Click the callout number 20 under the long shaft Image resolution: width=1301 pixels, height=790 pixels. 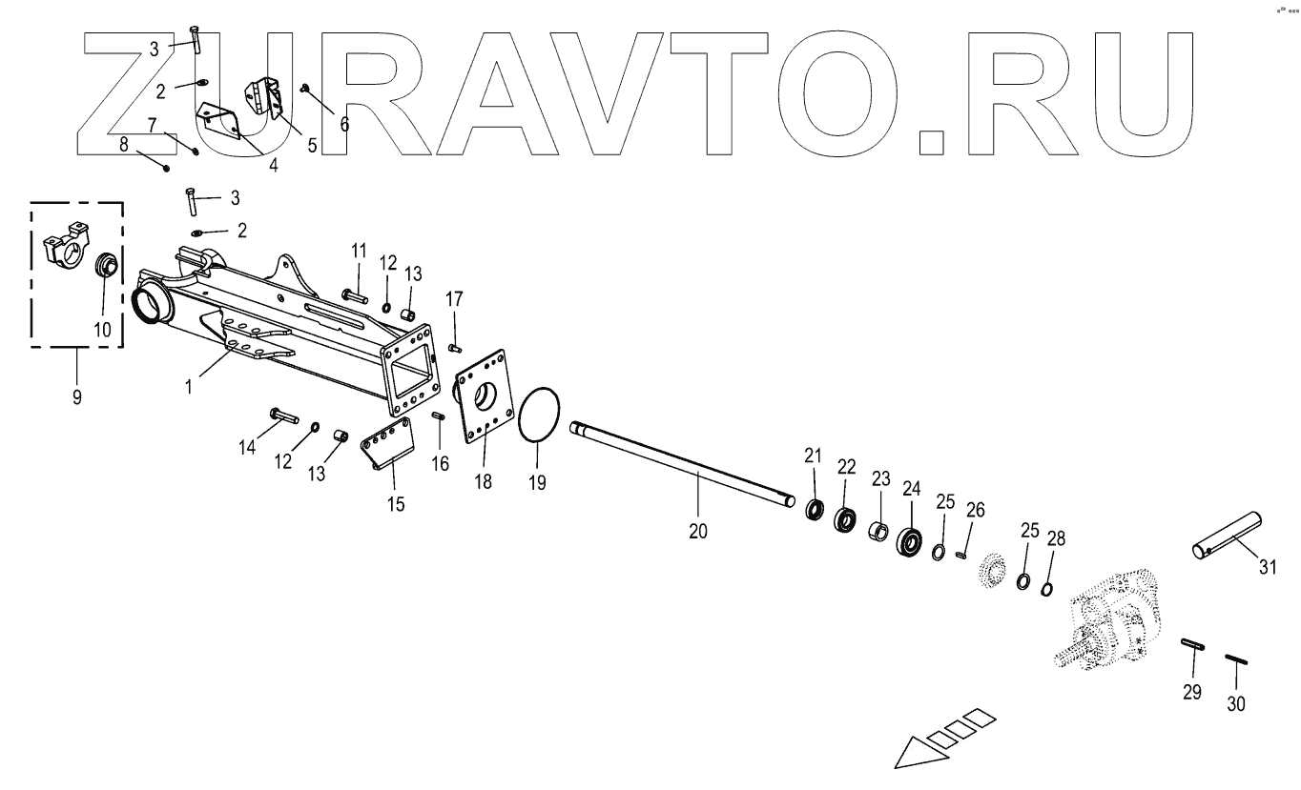(x=698, y=532)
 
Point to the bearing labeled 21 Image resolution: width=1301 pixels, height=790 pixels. (x=815, y=511)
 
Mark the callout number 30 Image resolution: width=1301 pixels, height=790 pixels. (x=1235, y=704)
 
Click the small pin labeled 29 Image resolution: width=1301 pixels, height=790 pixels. (x=1192, y=644)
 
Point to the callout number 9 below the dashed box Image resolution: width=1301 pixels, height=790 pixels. (x=76, y=397)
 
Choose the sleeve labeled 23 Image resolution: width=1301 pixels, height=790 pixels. (x=878, y=529)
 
